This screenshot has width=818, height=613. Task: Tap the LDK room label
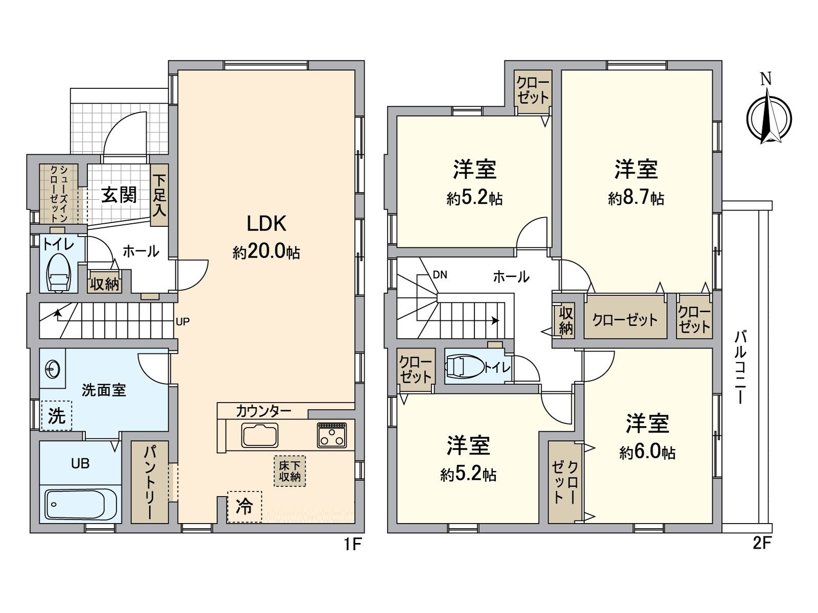click(x=266, y=224)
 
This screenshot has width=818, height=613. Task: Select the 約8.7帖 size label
click(x=636, y=198)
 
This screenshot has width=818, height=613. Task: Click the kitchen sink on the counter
click(x=260, y=436)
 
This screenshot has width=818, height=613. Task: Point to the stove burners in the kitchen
click(x=331, y=435)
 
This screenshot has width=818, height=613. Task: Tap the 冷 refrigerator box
click(x=244, y=507)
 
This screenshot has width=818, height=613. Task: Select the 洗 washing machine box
click(x=56, y=415)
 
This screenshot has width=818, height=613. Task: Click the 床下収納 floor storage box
click(x=289, y=471)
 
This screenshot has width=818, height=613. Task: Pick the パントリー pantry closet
click(x=149, y=482)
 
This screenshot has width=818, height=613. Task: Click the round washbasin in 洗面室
click(x=52, y=368)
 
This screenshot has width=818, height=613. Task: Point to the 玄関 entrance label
click(x=119, y=195)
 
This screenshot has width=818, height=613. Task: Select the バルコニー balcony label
click(x=740, y=367)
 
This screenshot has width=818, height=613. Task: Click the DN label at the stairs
click(x=440, y=275)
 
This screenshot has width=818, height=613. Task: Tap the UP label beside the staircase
click(x=183, y=322)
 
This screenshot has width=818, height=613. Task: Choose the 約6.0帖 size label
click(x=647, y=453)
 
